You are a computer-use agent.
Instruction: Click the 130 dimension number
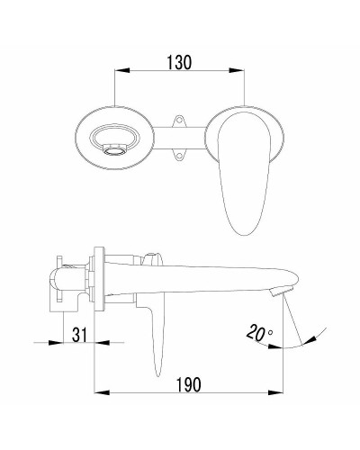pos(180,63)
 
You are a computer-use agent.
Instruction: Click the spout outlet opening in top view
pos(113,142)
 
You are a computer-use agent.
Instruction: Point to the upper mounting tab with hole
pos(180,119)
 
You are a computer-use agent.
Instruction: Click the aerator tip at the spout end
pos(280,290)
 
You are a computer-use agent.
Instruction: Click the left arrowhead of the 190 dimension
pos(100,393)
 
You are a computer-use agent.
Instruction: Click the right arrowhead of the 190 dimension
pos(283,393)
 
